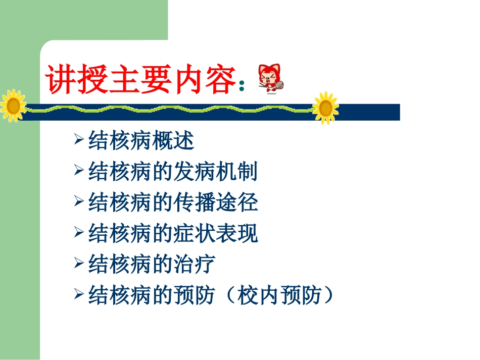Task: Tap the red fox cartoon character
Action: [269, 79]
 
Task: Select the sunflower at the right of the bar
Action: [325, 107]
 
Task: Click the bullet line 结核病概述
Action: [141, 141]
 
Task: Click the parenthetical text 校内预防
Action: [278, 295]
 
